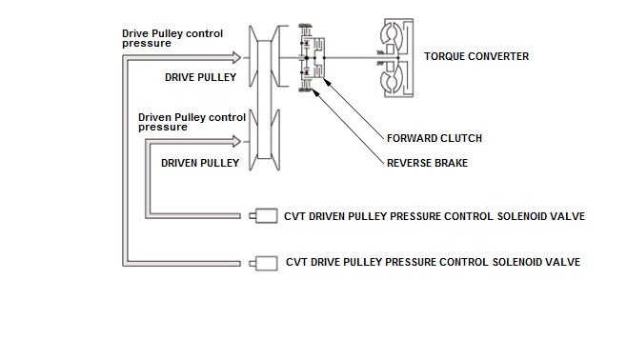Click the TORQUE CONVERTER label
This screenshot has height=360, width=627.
click(x=476, y=56)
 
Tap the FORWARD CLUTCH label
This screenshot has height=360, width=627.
click(x=435, y=138)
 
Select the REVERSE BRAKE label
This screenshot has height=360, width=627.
click(x=427, y=163)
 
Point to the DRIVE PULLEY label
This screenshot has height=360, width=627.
click(x=200, y=77)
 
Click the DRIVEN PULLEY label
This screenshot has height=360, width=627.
click(x=200, y=163)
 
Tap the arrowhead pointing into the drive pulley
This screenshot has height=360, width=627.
click(x=236, y=58)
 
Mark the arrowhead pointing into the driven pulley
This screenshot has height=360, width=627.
click(x=236, y=141)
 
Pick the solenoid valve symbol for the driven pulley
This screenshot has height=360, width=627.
click(x=264, y=216)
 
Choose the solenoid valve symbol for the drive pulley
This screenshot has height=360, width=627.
click(x=264, y=263)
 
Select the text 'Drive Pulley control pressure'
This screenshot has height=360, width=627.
click(x=172, y=38)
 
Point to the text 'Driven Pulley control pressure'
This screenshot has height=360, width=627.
click(x=192, y=122)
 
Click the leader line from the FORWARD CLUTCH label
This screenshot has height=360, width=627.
click(x=354, y=109)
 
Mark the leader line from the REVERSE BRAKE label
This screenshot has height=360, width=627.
click(x=348, y=127)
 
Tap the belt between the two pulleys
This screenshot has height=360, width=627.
click(x=264, y=99)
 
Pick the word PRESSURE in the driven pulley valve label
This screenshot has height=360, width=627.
click(x=415, y=216)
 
